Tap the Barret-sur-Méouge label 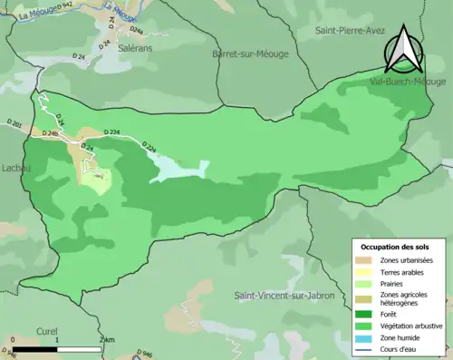(x=249, y=54)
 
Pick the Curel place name (x=47, y=331)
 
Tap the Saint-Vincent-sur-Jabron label (x=284, y=296)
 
